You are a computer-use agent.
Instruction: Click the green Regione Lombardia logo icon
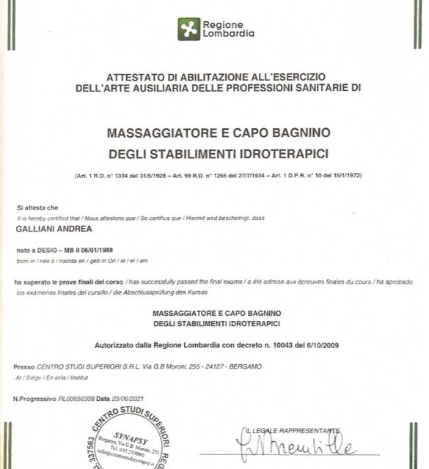(189, 29)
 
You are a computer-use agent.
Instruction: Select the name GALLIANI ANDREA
(48, 229)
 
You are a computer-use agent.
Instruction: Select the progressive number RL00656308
(78, 399)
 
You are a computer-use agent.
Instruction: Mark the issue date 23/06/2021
(126, 399)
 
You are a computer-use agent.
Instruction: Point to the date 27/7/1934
(241, 177)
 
